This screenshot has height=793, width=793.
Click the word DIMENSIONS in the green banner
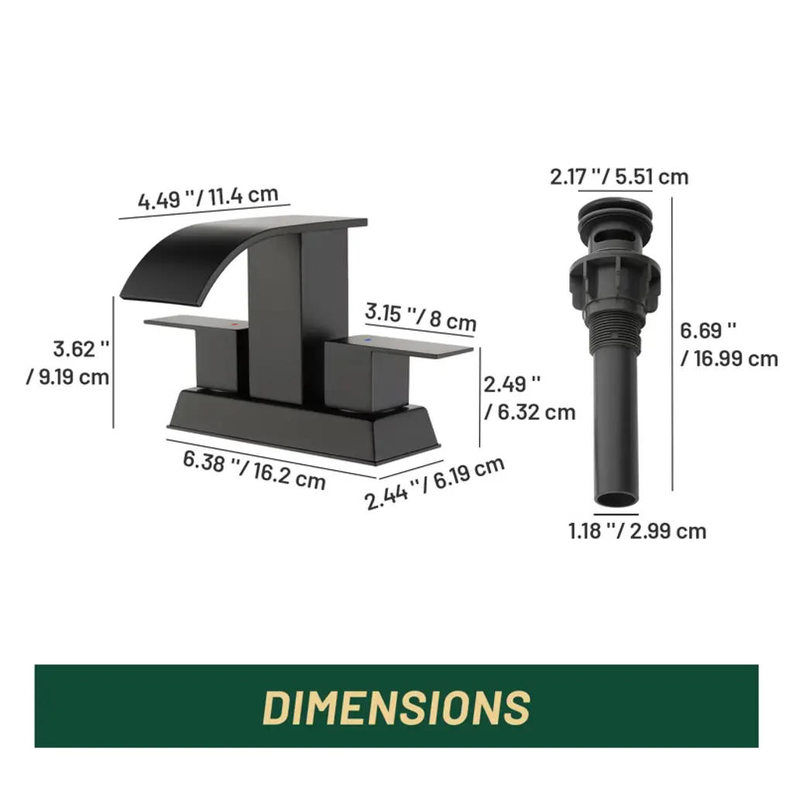coord(396,706)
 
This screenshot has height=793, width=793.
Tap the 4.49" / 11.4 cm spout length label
coord(208,197)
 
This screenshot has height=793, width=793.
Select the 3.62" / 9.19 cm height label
coord(68,363)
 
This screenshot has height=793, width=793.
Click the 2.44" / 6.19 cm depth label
coord(434,482)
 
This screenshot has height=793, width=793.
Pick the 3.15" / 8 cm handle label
coord(421,317)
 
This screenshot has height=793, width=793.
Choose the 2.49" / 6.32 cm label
coord(530,398)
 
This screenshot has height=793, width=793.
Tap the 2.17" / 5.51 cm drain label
coord(619,177)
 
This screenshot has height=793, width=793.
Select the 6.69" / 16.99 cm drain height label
coord(729,345)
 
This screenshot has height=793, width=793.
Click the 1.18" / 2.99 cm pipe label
coord(637,531)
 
